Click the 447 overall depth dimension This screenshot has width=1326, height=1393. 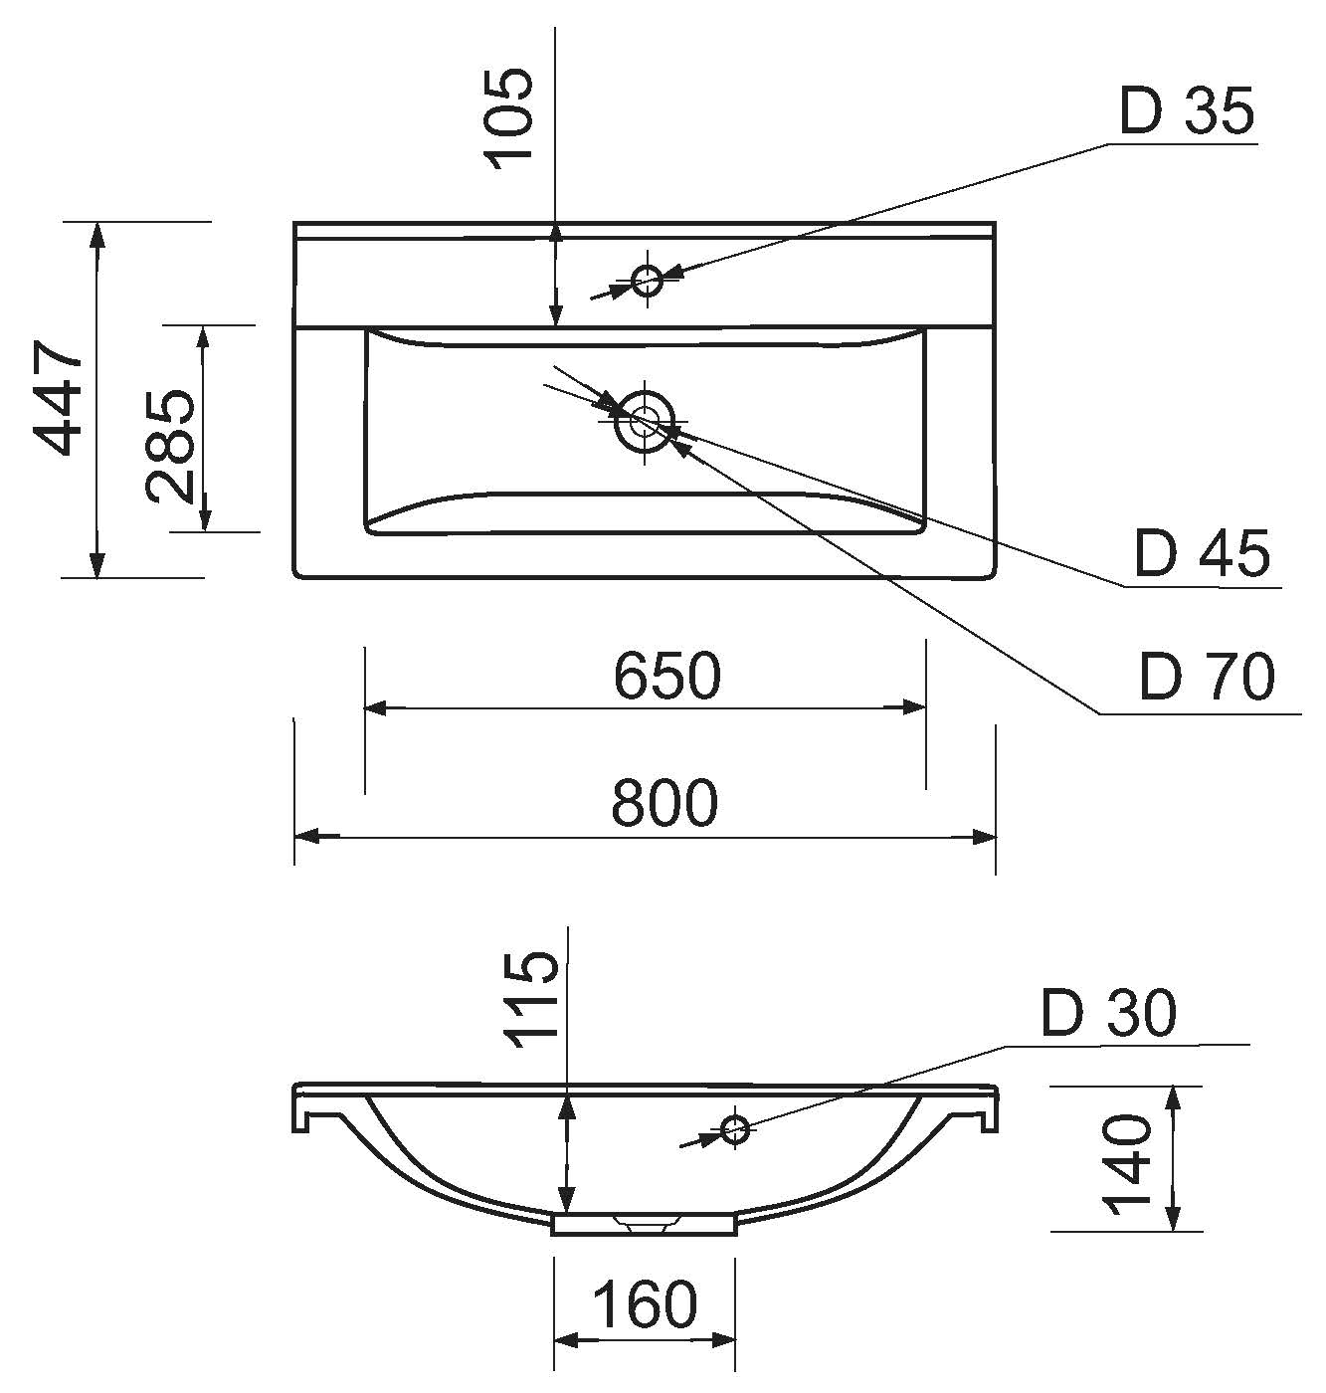coord(59,398)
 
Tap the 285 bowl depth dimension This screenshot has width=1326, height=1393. coord(170,447)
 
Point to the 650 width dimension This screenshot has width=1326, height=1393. coord(666,676)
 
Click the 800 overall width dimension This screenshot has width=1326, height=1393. coord(664,803)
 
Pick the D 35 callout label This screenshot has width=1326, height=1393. coord(1187,111)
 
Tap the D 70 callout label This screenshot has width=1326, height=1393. coord(1207,678)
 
